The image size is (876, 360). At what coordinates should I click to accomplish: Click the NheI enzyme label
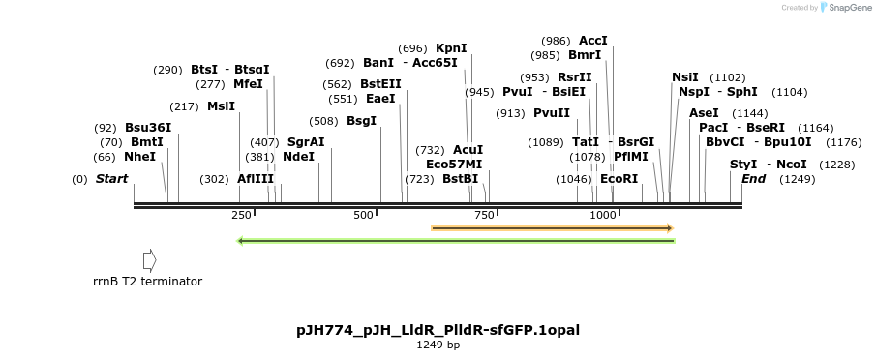(139, 157)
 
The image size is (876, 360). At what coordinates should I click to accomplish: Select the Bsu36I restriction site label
(148, 128)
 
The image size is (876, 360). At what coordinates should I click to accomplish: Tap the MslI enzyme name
(221, 106)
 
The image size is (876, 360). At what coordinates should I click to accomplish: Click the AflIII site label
(256, 179)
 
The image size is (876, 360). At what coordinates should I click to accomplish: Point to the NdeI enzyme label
(298, 157)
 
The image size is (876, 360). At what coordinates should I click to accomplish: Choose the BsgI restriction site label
(361, 121)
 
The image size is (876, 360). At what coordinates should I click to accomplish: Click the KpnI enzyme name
(451, 48)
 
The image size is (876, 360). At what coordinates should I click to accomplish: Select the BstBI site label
(460, 179)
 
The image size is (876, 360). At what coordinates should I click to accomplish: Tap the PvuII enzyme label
(552, 113)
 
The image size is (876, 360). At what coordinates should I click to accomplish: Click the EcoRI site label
(619, 179)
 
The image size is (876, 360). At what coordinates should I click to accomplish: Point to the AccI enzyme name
(593, 41)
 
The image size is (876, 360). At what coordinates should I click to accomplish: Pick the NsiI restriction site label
(685, 77)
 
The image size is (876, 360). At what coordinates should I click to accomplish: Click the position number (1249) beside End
(798, 179)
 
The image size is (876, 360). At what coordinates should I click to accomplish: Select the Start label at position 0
(111, 179)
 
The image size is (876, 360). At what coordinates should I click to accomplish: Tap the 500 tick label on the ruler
(364, 215)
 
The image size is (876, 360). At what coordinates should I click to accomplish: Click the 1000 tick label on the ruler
(602, 215)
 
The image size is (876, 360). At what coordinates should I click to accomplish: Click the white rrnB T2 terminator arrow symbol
(149, 260)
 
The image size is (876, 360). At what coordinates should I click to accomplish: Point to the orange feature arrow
(552, 228)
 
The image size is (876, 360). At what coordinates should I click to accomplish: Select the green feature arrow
(455, 241)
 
